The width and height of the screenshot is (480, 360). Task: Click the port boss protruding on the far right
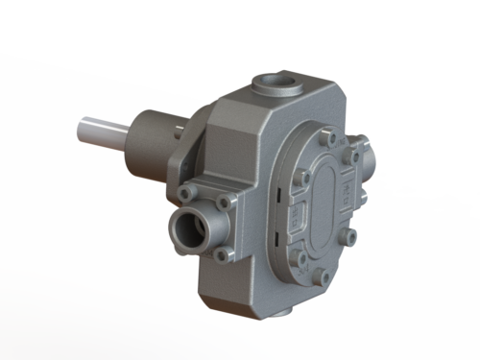point(366,154)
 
